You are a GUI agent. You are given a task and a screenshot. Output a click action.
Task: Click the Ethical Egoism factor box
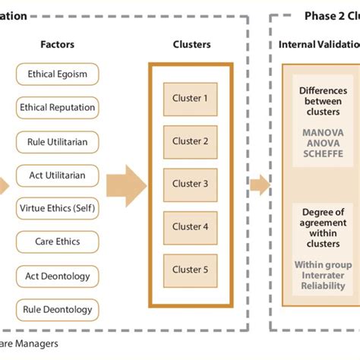[58, 74]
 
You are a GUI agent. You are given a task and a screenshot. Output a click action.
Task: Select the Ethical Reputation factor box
[58, 108]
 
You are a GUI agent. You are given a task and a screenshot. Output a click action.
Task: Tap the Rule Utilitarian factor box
[58, 142]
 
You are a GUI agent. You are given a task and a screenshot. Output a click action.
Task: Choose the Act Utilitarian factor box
[58, 175]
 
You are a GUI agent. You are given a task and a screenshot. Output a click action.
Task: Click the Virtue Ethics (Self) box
[58, 209]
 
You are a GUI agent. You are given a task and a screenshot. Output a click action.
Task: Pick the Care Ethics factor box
[58, 242]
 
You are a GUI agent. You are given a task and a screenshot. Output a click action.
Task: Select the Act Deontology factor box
[58, 276]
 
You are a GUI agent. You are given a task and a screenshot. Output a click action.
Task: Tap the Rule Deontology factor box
[58, 309]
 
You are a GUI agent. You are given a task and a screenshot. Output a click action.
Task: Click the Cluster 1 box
[190, 98]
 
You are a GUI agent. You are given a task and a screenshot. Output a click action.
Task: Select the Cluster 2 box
[190, 141]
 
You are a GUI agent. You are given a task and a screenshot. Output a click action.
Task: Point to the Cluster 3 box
[190, 183]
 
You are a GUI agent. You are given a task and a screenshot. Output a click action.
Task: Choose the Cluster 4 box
[190, 226]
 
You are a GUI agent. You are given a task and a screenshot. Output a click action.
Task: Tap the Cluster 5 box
[190, 269]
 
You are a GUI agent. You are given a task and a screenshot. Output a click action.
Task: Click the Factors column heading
[58, 44]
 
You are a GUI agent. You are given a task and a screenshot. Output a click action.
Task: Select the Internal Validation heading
[318, 44]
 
